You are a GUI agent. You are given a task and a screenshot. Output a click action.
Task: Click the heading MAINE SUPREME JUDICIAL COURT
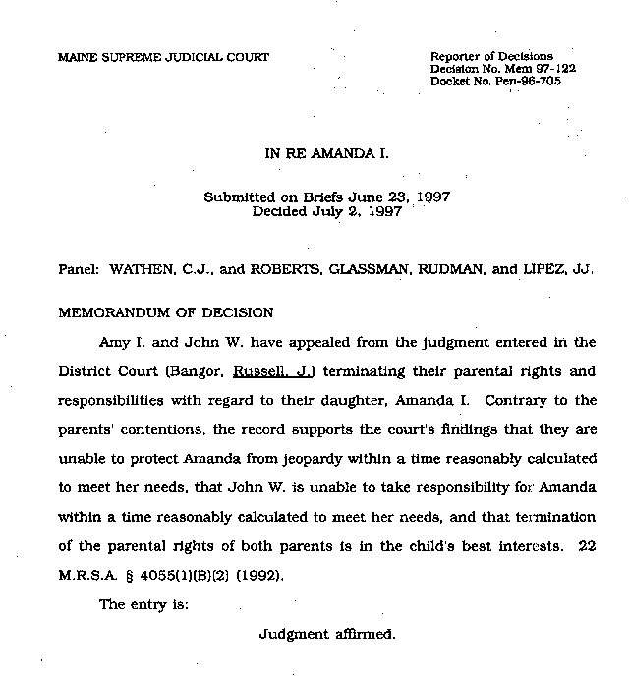[163, 57]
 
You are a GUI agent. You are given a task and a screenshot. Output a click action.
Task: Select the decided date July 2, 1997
[363, 211]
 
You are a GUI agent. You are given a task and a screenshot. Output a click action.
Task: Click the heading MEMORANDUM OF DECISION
[166, 313]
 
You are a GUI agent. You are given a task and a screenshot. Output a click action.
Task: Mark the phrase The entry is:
[143, 605]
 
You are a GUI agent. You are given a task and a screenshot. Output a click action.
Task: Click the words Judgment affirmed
[326, 634]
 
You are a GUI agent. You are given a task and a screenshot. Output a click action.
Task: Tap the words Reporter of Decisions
[491, 56]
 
